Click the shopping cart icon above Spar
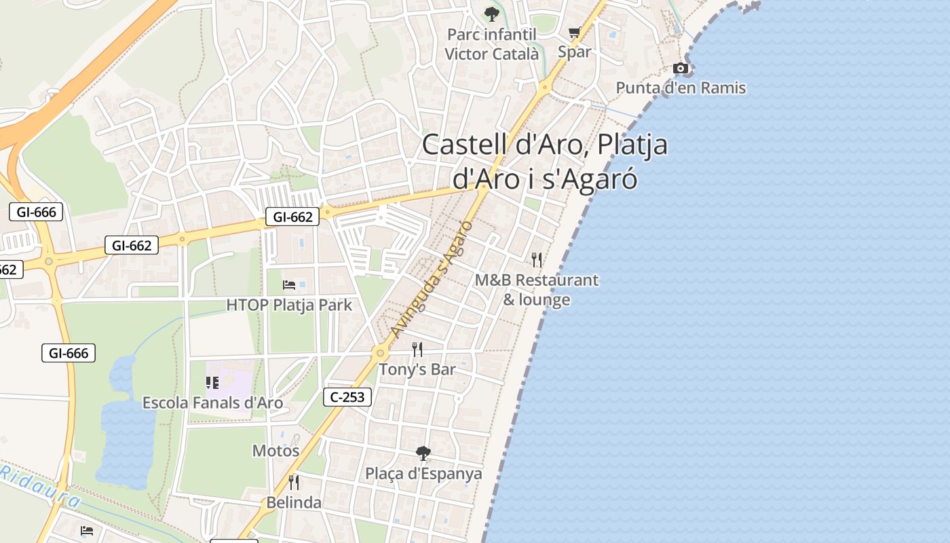[575, 32]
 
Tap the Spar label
[574, 52]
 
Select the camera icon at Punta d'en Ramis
[681, 68]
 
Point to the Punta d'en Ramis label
[681, 88]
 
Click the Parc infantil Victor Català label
[492, 44]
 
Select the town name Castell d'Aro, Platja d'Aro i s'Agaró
[545, 162]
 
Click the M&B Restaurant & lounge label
[537, 290]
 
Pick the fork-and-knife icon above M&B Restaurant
[537, 259]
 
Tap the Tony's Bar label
[417, 370]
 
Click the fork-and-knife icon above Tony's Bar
[417, 350]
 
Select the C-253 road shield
[347, 397]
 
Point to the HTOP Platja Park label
[289, 305]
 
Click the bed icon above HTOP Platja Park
[289, 285]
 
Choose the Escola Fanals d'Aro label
[212, 402]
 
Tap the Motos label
[275, 451]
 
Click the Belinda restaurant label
[294, 503]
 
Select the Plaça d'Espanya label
[423, 474]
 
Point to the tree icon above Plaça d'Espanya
[423, 453]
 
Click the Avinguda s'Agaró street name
[432, 279]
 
